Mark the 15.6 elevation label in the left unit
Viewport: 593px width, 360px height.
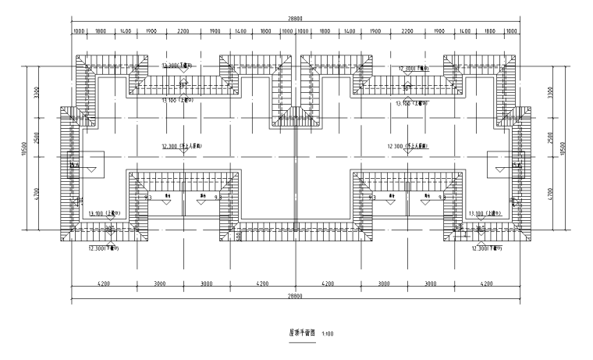coord(75,165)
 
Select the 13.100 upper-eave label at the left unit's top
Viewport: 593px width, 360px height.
coord(176,101)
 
